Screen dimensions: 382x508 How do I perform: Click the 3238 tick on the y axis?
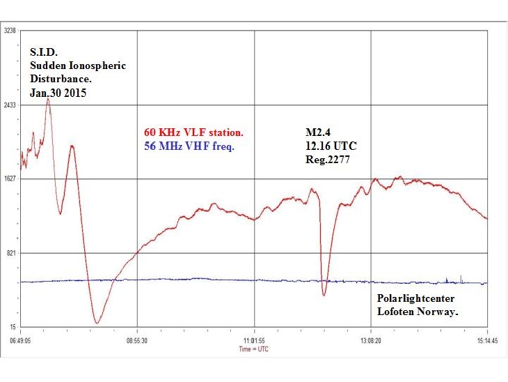click(x=10, y=31)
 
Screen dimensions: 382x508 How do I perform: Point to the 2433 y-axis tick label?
click(x=10, y=105)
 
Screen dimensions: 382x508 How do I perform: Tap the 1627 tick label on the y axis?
click(x=10, y=178)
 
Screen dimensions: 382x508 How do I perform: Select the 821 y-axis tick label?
click(x=11, y=252)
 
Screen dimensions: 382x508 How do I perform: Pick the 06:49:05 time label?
click(x=22, y=342)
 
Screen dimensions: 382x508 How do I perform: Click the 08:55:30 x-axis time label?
click(x=137, y=342)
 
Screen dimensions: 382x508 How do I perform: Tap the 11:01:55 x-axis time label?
click(x=254, y=342)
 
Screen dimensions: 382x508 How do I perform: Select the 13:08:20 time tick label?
click(x=371, y=342)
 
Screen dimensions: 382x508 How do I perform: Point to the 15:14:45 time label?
click(x=487, y=342)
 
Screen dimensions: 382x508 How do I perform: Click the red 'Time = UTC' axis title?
click(x=254, y=349)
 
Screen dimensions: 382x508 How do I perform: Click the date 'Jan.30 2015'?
click(x=58, y=93)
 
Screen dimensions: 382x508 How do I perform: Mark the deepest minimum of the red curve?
click(x=97, y=323)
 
